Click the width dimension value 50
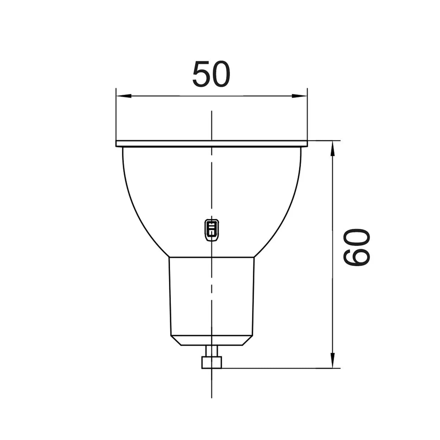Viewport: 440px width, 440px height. (x=212, y=74)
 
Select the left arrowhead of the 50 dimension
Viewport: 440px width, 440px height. (x=123, y=96)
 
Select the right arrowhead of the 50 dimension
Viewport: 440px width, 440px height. (x=300, y=96)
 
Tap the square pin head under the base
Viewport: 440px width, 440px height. (x=212, y=363)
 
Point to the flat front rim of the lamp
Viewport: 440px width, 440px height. (x=212, y=143)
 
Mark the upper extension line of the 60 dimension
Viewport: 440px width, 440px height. (x=324, y=140)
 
